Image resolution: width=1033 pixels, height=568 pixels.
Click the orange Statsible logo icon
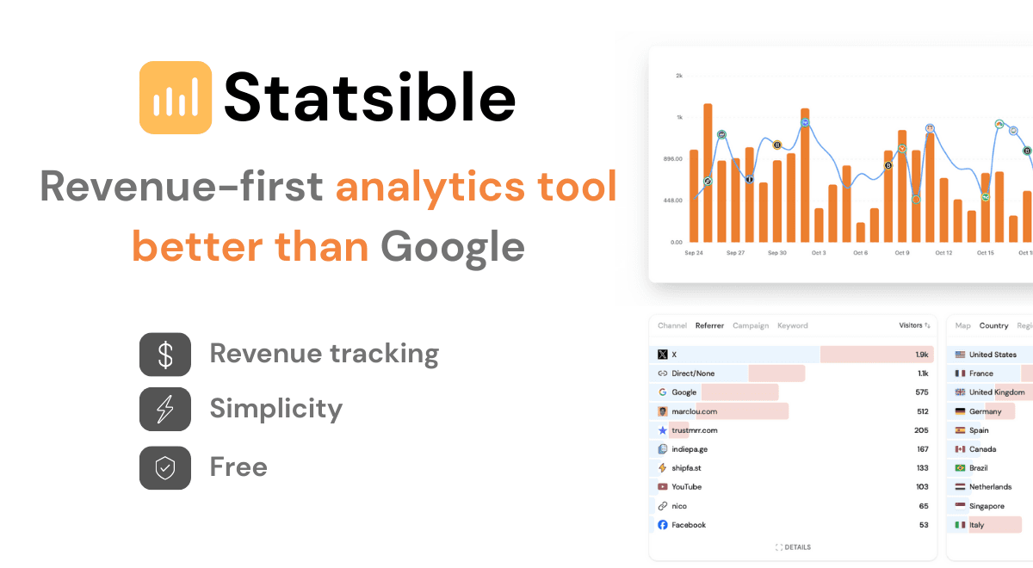click(x=176, y=97)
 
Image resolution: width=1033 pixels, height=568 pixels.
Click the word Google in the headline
click(x=453, y=247)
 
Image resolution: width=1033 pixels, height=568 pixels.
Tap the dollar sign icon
click(x=165, y=355)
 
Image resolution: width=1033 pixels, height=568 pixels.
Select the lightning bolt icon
click(x=165, y=410)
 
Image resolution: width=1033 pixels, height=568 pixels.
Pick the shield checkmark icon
click(x=165, y=467)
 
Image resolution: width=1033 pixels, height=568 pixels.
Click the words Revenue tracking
click(x=324, y=354)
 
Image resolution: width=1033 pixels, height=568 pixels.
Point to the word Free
click(x=238, y=467)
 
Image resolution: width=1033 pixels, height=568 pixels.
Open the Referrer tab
click(x=709, y=326)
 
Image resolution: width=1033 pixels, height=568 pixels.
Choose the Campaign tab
click(x=751, y=326)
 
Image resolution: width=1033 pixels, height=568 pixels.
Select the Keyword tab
click(x=793, y=326)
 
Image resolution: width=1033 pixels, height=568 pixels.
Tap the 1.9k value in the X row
click(x=922, y=355)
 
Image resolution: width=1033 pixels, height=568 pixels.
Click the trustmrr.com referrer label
click(x=694, y=430)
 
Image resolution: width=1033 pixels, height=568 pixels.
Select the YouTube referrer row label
click(x=686, y=487)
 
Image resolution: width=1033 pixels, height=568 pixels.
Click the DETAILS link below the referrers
click(x=793, y=547)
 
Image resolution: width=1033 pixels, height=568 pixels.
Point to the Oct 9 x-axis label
click(x=901, y=253)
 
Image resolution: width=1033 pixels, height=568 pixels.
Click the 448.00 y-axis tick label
click(x=671, y=201)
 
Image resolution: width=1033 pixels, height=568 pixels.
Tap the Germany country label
click(x=985, y=411)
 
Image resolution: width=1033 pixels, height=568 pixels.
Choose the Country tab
click(x=993, y=326)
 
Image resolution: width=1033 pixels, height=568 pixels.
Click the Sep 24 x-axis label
click(x=694, y=253)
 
